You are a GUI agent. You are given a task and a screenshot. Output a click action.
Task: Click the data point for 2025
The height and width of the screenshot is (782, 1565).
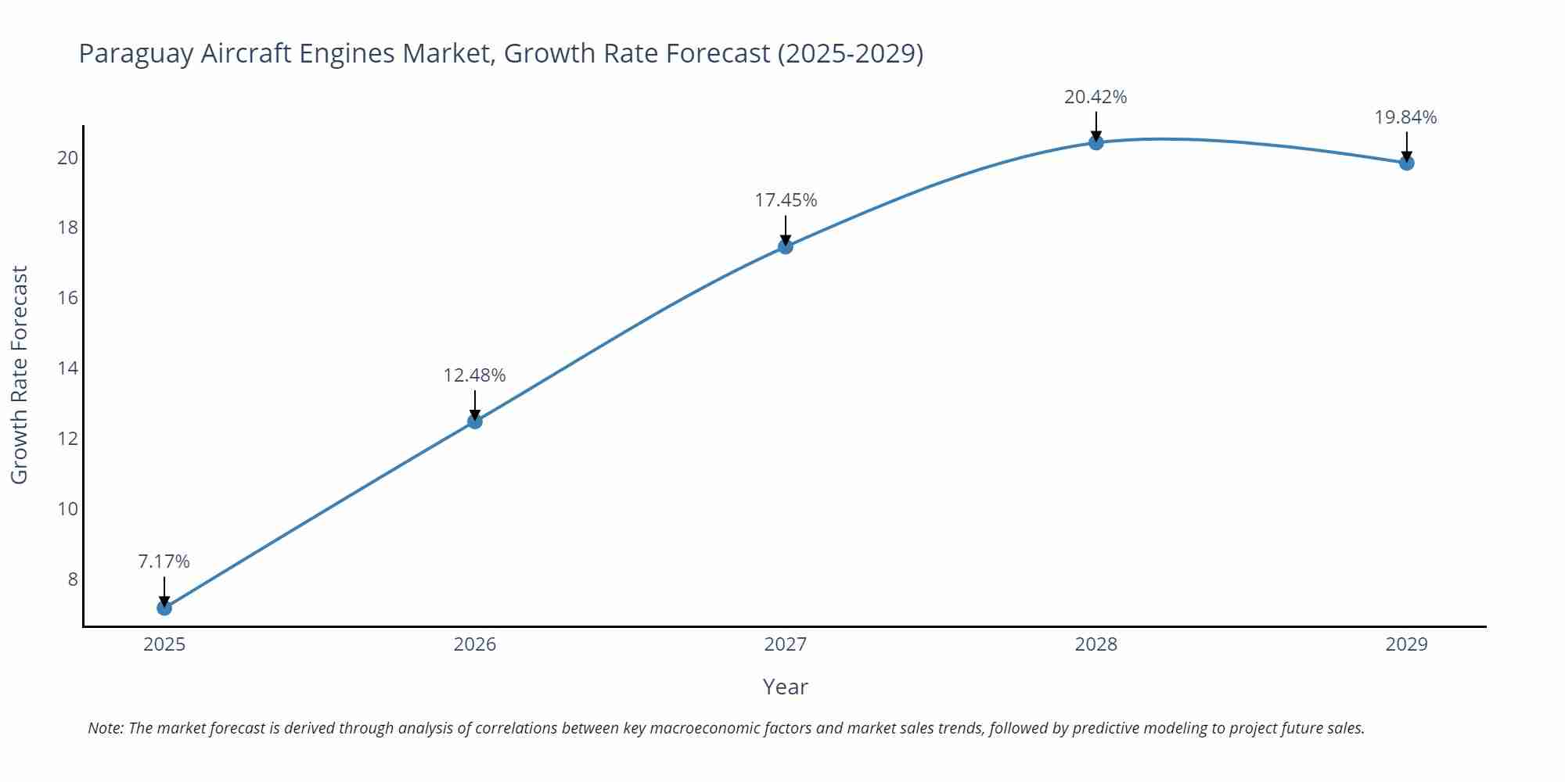click(164, 608)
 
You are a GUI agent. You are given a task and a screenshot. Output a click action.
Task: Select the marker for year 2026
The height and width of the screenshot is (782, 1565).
click(475, 421)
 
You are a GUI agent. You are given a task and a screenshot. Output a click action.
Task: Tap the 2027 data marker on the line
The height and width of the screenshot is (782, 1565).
click(786, 246)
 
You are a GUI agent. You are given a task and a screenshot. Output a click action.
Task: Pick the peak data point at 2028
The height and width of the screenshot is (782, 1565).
click(1096, 142)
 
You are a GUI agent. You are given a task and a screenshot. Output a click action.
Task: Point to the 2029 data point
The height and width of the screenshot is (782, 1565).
click(1406, 163)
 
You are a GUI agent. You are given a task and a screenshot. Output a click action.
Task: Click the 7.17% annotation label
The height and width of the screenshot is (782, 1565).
click(164, 561)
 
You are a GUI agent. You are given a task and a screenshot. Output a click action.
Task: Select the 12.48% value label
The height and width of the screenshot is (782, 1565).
click(475, 375)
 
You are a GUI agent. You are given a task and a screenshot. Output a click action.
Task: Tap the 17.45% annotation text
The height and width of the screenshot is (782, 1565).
click(786, 200)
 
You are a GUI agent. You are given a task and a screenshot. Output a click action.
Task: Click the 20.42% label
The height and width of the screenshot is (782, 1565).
click(1095, 97)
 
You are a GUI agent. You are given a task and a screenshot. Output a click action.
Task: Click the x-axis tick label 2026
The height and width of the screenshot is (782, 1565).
click(475, 644)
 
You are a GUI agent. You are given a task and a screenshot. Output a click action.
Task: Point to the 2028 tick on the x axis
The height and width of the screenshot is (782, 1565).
click(1096, 644)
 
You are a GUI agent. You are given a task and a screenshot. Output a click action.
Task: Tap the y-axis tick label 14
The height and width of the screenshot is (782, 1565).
click(68, 368)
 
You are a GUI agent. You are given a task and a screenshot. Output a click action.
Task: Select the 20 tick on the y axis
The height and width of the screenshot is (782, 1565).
click(68, 157)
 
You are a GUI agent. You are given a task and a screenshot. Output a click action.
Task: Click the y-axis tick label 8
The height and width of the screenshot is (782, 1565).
click(73, 579)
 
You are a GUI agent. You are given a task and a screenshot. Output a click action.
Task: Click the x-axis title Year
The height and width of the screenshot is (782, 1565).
click(785, 687)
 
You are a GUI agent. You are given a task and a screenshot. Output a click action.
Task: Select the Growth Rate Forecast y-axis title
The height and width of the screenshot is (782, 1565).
click(20, 375)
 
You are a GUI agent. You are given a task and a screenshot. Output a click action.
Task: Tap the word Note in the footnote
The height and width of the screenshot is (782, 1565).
click(105, 728)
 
